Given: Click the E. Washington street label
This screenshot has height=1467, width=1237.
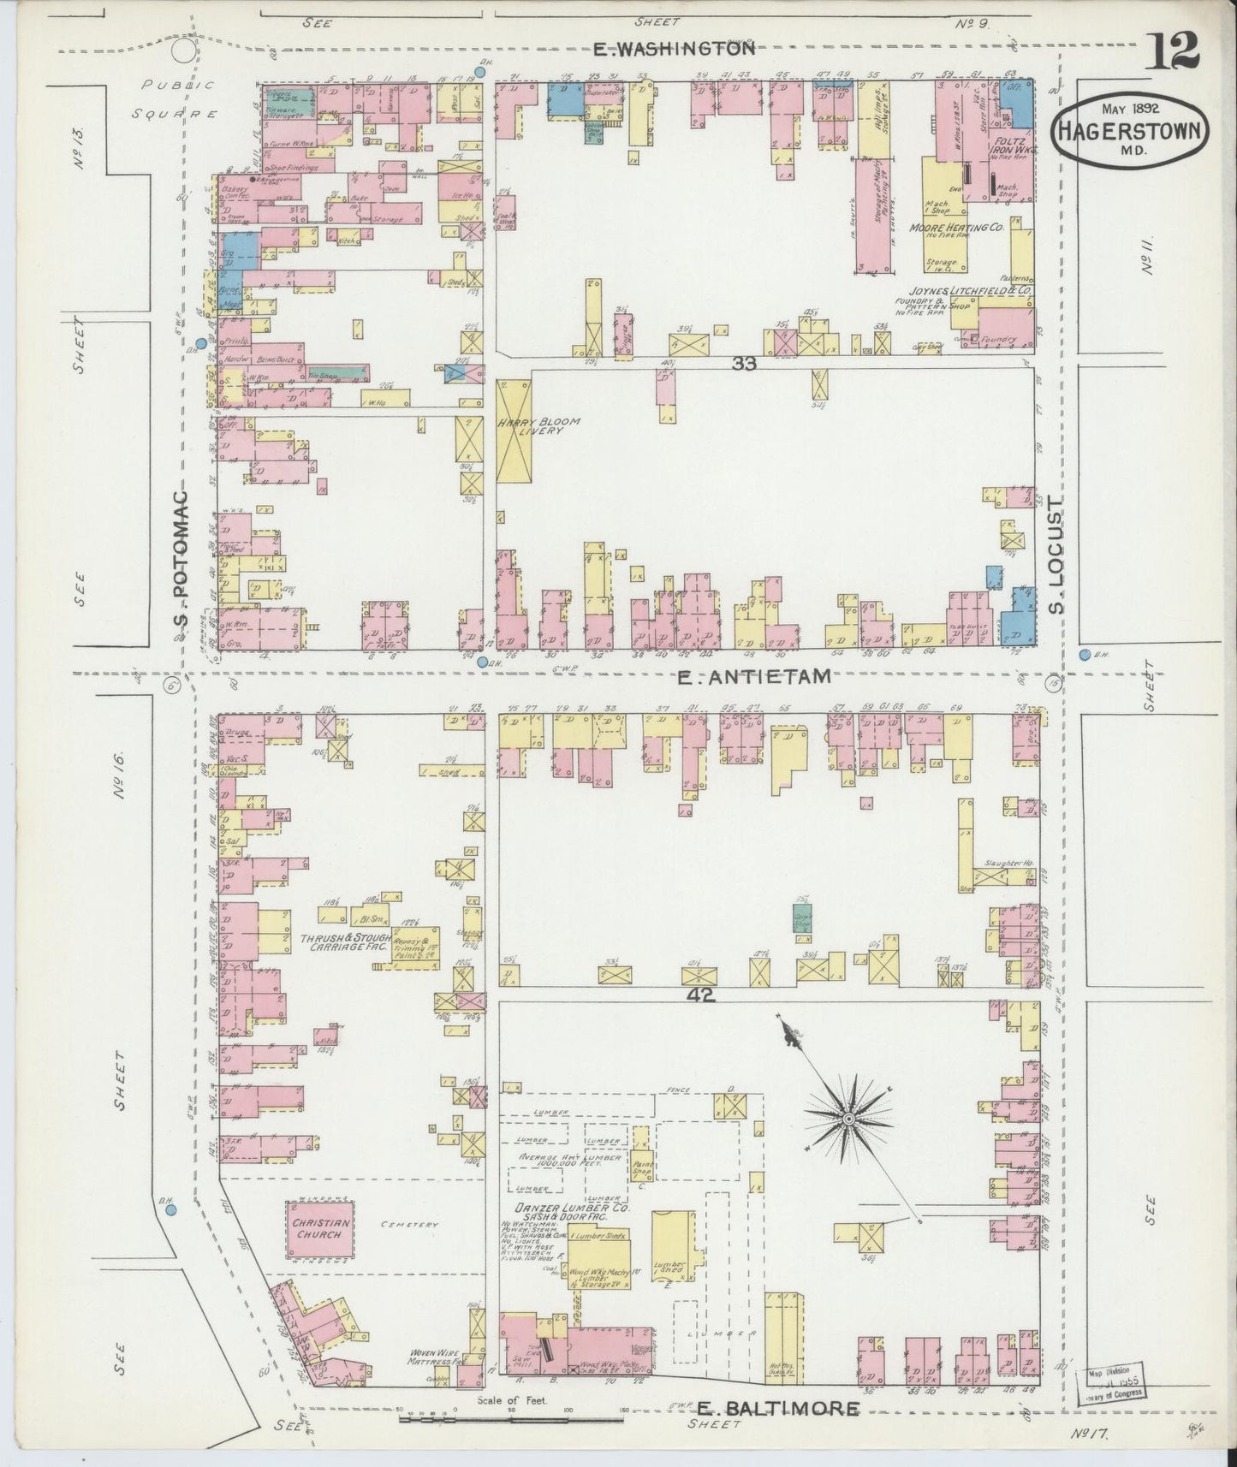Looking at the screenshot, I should coord(674,50).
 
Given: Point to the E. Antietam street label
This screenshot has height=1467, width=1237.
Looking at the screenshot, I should coord(753,677).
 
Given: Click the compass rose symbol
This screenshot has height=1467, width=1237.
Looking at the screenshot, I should coord(847,1119).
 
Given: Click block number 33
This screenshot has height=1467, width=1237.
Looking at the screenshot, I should coord(744,363).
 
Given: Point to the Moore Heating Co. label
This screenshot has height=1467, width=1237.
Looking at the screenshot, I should coord(961,229).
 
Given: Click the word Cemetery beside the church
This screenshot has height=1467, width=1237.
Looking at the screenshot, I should coord(410,1226).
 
